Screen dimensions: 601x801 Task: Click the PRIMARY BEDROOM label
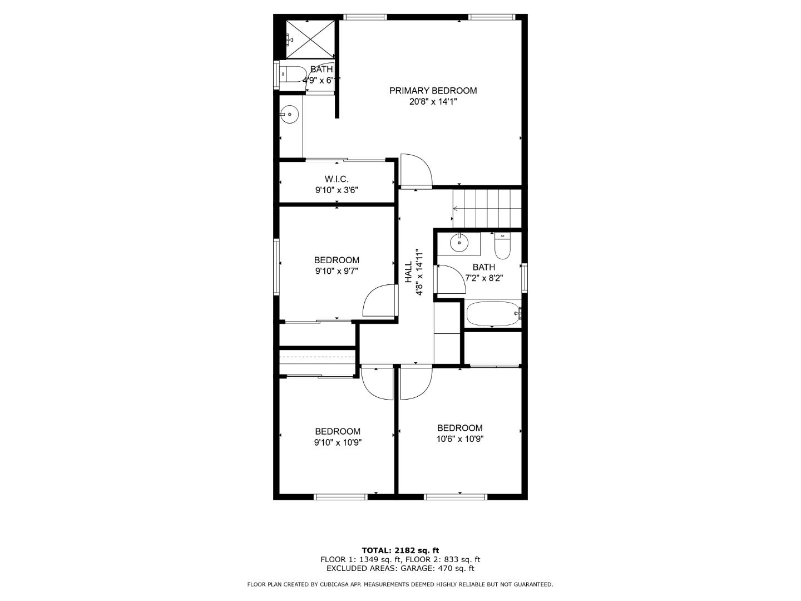pyautogui.click(x=433, y=91)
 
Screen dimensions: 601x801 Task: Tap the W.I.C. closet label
pyautogui.click(x=337, y=179)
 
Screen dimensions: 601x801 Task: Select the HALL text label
pyautogui.click(x=408, y=272)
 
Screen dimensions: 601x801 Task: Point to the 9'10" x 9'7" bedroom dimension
pyautogui.click(x=337, y=272)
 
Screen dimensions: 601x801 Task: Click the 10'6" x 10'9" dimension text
pyautogui.click(x=459, y=439)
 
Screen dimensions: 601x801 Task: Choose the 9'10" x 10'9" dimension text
pyautogui.click(x=338, y=443)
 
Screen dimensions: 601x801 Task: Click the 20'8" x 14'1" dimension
pyautogui.click(x=433, y=102)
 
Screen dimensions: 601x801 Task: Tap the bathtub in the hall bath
pyautogui.click(x=493, y=314)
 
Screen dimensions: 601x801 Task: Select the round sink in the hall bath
pyautogui.click(x=459, y=242)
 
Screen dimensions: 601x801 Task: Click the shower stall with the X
pyautogui.click(x=311, y=39)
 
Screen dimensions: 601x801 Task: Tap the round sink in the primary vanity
pyautogui.click(x=289, y=115)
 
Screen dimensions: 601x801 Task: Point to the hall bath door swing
pyautogui.click(x=451, y=279)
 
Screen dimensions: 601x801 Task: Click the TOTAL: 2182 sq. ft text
pyautogui.click(x=400, y=550)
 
